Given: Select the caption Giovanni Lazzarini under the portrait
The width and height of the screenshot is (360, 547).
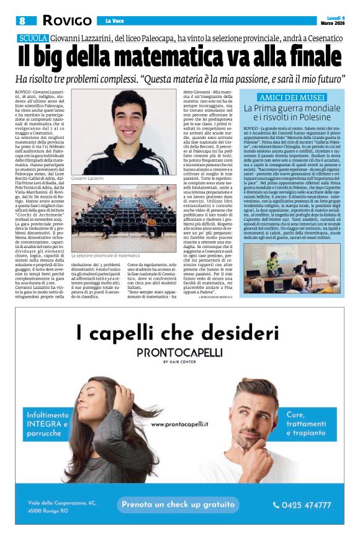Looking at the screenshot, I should [x=86, y=177].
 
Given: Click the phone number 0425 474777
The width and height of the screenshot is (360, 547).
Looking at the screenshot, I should [x=302, y=504].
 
